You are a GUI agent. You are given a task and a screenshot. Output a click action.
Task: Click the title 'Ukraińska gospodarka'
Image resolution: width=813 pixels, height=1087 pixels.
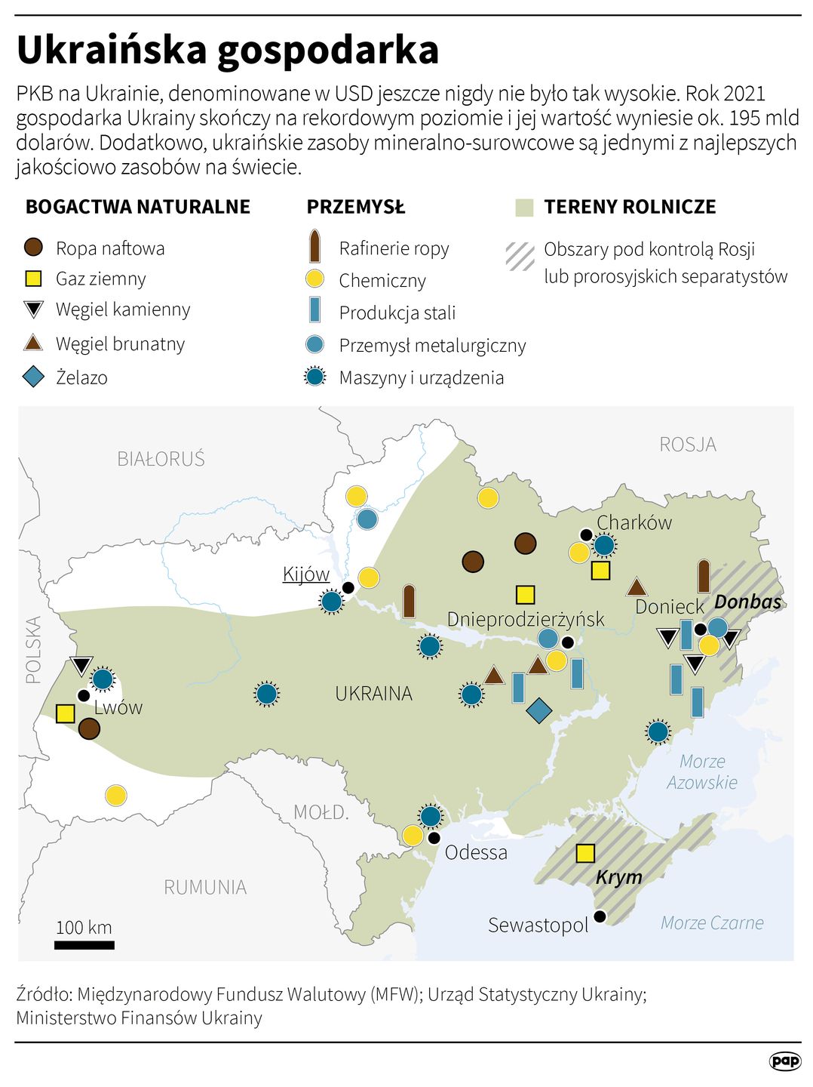[227, 51]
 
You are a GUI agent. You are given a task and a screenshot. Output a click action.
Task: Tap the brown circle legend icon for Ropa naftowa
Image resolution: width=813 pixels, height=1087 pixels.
[34, 248]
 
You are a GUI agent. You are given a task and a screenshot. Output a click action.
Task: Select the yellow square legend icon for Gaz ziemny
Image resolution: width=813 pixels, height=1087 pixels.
[34, 279]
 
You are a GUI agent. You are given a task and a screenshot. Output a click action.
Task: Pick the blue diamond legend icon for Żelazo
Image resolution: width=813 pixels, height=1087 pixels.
[34, 377]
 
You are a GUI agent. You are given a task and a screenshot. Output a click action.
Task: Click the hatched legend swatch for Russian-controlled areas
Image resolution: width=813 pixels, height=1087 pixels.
[520, 256]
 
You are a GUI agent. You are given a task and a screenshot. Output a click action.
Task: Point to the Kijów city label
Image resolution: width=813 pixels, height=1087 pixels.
[306, 574]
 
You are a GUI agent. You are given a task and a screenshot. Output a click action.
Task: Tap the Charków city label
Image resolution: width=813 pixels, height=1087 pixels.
[634, 522]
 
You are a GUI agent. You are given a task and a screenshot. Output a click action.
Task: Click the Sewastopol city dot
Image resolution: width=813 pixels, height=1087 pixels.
[600, 916]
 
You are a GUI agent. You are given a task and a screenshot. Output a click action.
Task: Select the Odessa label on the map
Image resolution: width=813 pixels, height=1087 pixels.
[476, 852]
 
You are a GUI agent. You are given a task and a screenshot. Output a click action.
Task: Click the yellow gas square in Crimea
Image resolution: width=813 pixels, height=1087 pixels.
[585, 853]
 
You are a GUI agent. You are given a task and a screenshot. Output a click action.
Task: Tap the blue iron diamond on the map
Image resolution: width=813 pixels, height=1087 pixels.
[538, 710]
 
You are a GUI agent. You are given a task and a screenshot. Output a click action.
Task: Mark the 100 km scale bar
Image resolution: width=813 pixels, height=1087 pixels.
[84, 944]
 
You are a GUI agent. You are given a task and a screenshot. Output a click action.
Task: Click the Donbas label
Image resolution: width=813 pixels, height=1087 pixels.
[747, 602]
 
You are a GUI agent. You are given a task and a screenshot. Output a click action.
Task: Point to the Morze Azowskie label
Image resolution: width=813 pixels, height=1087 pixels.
[701, 771]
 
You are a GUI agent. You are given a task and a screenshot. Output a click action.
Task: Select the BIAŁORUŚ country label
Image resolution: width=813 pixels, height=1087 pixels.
[161, 459]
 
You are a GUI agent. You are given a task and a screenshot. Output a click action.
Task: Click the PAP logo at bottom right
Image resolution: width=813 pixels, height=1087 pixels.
[784, 1061]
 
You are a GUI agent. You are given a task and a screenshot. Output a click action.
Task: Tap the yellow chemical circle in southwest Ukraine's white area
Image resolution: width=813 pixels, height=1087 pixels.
[115, 795]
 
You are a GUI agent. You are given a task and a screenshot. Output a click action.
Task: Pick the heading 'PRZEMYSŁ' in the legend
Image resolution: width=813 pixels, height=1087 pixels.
[355, 207]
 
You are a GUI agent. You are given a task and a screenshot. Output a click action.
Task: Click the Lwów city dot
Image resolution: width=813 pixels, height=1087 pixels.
[84, 696]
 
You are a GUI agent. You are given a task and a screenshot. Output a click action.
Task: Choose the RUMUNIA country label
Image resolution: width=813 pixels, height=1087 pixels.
[205, 887]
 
